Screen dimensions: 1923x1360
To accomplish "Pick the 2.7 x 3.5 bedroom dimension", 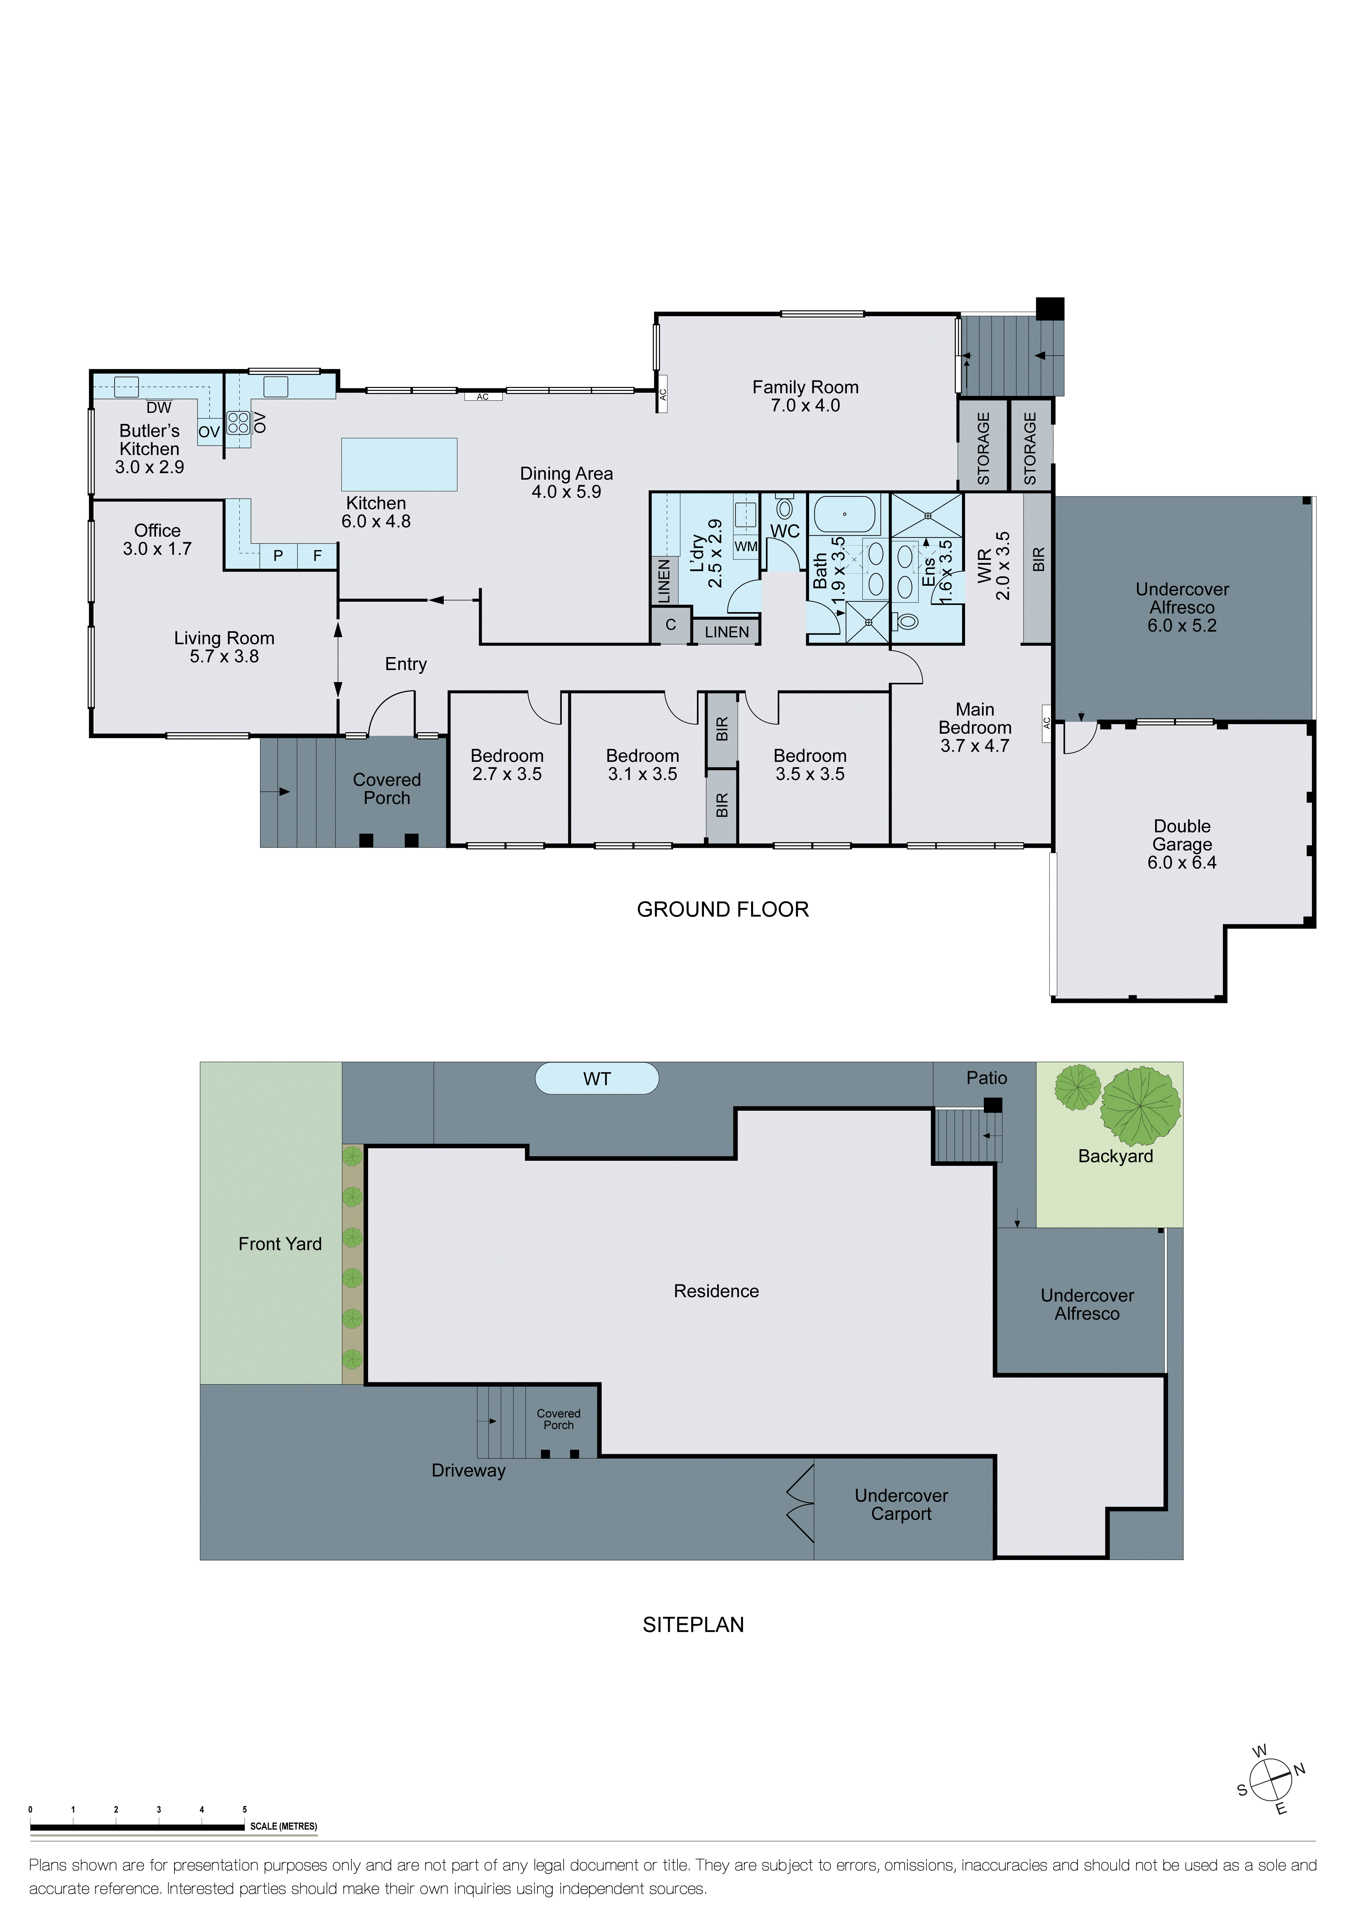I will coord(507,774).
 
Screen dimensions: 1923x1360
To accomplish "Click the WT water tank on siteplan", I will coord(597,1079).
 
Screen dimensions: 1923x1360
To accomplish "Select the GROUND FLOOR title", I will coord(723,909).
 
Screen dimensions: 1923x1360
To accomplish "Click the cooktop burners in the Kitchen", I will coord(239,423).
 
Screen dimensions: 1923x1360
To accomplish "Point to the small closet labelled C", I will coord(671,625).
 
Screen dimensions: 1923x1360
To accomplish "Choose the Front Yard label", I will coord(280,1244).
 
